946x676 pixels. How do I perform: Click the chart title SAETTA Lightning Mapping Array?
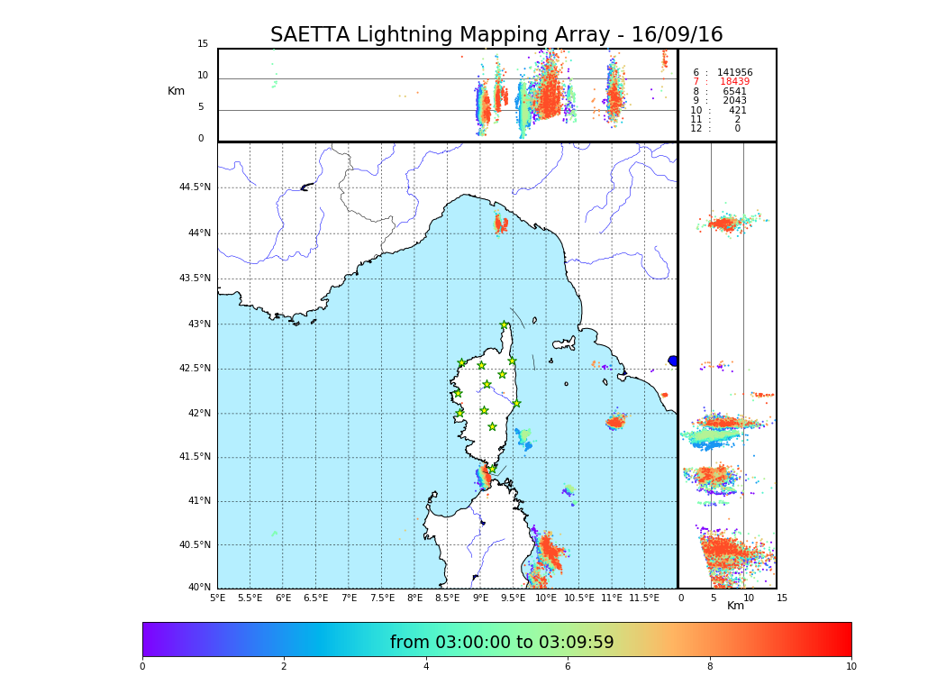[496, 35]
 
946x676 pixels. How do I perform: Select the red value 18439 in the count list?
[734, 82]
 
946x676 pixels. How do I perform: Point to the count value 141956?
[734, 72]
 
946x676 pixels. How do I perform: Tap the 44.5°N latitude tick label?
[195, 187]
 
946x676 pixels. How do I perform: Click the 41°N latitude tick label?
[198, 501]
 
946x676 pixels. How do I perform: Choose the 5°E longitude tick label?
[218, 598]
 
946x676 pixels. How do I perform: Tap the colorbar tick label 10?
[850, 666]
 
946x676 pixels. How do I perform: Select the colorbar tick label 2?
[284, 666]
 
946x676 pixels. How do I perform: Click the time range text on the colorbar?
[502, 643]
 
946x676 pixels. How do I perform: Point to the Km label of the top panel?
[176, 91]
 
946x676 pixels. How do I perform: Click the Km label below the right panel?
[735, 606]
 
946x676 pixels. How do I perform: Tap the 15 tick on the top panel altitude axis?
[203, 44]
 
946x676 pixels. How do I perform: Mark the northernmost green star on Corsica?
[505, 325]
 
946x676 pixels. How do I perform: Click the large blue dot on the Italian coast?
[672, 361]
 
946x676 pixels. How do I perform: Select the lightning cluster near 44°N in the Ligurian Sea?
[502, 223]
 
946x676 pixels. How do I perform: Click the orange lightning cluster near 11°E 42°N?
[615, 421]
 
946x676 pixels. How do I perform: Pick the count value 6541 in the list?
[734, 92]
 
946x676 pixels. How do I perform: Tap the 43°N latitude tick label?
[198, 324]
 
